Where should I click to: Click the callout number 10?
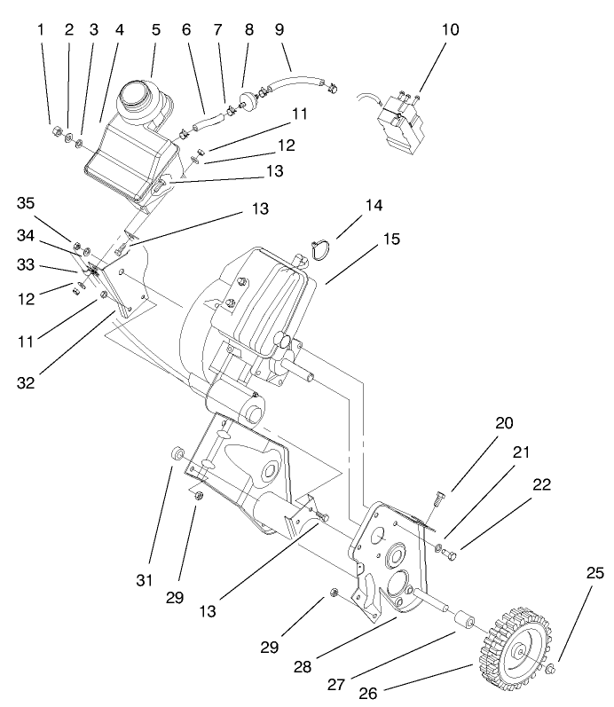click(450, 29)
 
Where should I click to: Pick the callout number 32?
click(29, 382)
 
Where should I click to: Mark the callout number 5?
click(156, 29)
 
